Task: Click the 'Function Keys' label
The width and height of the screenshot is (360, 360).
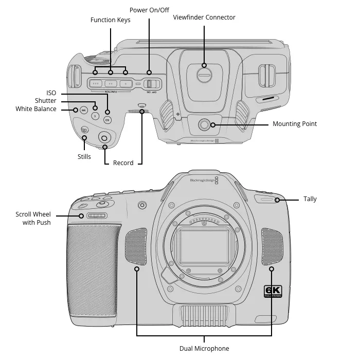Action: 110,20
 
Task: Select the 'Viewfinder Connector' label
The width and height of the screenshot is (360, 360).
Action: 205,17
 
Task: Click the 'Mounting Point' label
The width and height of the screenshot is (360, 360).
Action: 294,124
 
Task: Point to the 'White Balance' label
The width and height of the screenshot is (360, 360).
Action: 36,109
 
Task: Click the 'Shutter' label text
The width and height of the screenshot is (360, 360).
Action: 46,101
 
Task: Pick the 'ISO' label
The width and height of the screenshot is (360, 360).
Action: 51,93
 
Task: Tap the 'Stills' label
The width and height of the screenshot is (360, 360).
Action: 84,157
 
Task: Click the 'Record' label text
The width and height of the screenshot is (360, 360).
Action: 123,163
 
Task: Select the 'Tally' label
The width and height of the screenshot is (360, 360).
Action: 310,199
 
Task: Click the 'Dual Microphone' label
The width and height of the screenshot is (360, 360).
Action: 204,349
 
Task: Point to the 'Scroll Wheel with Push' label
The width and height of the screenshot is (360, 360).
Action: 33,219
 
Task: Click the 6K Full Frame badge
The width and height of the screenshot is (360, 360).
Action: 273,292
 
